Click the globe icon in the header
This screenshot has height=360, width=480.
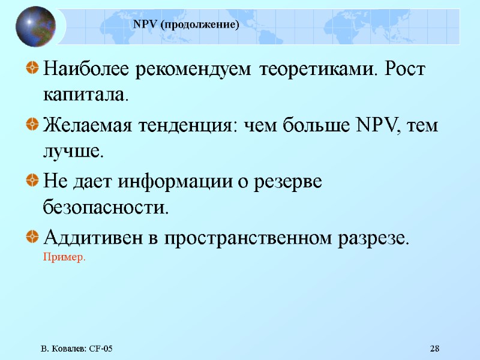tap(35, 26)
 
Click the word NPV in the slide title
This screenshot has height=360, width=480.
tap(144, 25)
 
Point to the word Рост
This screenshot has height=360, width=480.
tap(404, 70)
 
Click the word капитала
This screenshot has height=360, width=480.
tap(85, 95)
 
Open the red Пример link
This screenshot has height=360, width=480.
tap(64, 257)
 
